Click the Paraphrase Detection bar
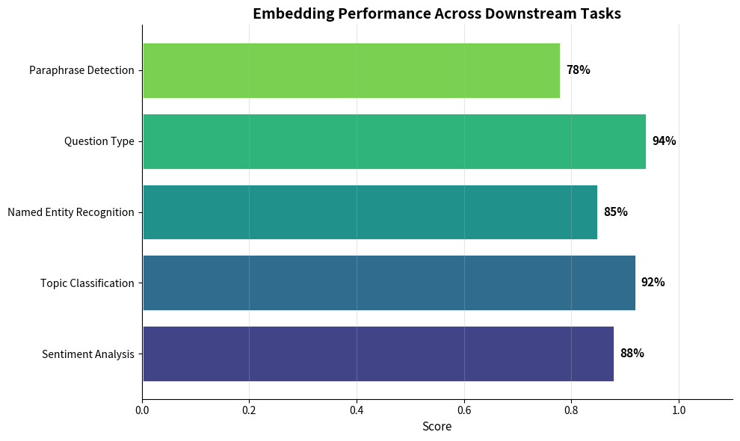coord(351,70)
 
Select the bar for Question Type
coord(394,141)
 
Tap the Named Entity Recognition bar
coord(370,212)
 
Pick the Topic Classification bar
coord(389,283)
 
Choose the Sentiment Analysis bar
coord(377,354)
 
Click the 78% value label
coord(578,70)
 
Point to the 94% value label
coord(664,141)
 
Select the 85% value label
coord(615,212)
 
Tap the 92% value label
coord(653,283)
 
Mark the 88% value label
coord(632,354)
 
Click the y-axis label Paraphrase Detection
coord(81,71)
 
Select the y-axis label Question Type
coord(99,141)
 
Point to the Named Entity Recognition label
coord(71,212)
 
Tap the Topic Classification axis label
coord(87,283)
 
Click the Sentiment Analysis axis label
coord(88,354)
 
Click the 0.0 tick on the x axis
coord(142,410)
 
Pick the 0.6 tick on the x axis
coord(464,410)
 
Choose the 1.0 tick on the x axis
coord(679,410)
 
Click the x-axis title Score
coord(437,427)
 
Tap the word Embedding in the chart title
coord(289,13)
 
